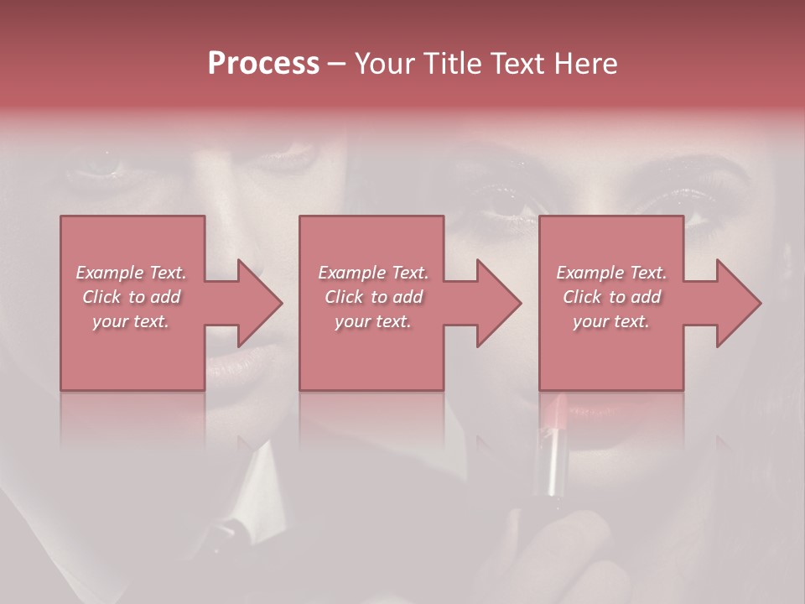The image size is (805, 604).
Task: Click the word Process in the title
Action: click(263, 64)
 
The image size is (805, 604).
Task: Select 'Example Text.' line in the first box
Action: click(131, 273)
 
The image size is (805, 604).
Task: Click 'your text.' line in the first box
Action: click(131, 321)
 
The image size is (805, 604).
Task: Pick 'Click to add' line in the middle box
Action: click(373, 297)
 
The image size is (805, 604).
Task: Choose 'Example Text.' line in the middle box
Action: click(373, 273)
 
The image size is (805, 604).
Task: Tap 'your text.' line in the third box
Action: click(611, 321)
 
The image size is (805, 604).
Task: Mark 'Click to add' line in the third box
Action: click(611, 297)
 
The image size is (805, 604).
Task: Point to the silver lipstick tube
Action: click(553, 470)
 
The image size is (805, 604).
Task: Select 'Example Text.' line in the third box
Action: click(611, 273)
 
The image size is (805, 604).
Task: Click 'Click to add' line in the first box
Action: click(131, 297)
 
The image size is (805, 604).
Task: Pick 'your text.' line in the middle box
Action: click(373, 321)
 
